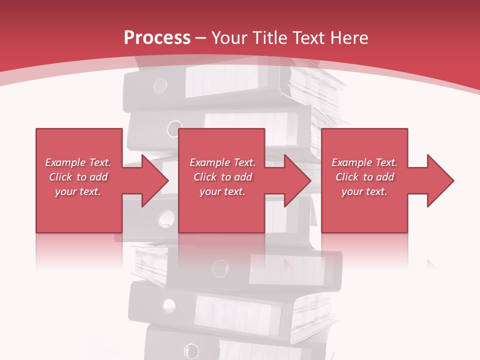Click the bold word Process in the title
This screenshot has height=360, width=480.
(157, 38)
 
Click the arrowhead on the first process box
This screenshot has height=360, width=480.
(153, 180)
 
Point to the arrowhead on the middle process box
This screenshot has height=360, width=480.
(296, 180)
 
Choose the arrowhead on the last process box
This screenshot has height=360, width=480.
(439, 180)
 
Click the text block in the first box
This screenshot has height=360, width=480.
(78, 177)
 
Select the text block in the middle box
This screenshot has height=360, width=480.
(222, 177)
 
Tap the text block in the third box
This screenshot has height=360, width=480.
(364, 177)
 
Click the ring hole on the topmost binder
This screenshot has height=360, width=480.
(160, 86)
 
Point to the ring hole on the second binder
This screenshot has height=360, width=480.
(174, 128)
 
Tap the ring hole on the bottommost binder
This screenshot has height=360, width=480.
(191, 350)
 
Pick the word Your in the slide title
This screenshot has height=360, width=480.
(230, 38)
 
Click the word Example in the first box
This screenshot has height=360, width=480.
(65, 162)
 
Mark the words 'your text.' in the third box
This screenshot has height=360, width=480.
(364, 191)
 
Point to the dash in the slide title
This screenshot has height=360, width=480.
(201, 38)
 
